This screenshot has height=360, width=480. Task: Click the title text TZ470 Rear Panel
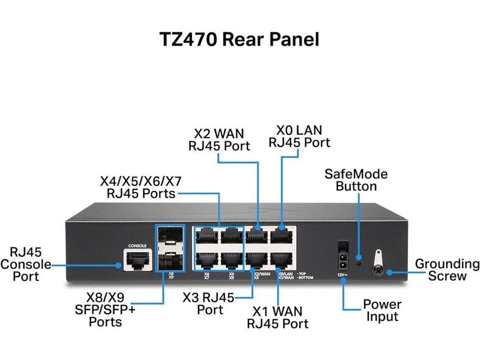239,39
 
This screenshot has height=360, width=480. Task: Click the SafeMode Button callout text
356,180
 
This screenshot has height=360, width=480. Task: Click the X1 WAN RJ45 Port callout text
278,318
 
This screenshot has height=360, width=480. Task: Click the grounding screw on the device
379,270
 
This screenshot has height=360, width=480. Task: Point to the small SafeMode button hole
359,262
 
